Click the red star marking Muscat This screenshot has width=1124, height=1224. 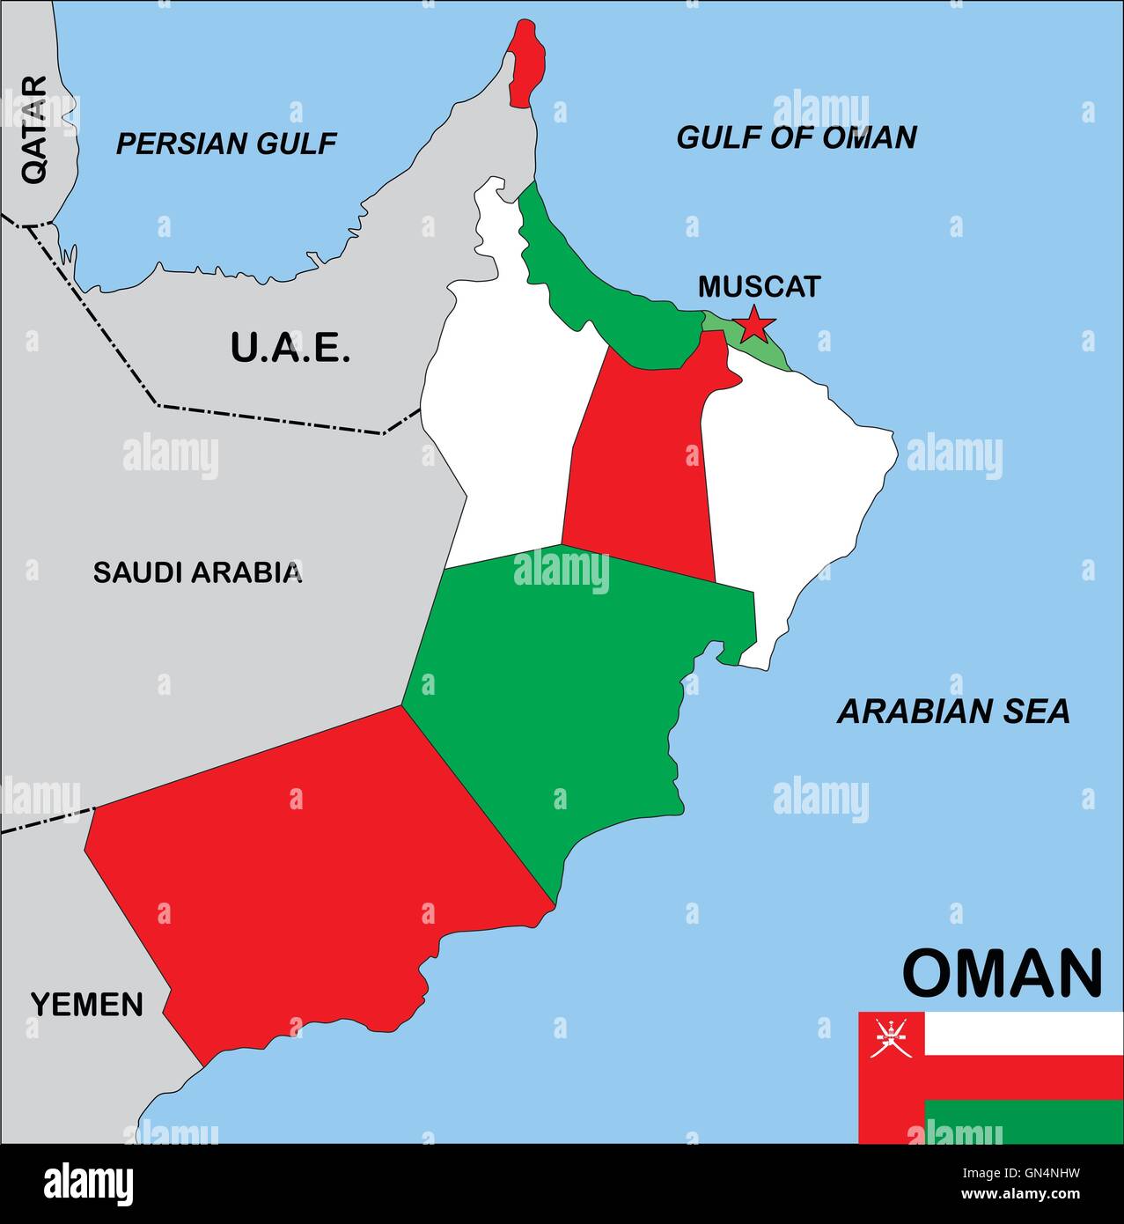(x=753, y=325)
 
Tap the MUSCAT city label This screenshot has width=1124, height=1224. (x=759, y=286)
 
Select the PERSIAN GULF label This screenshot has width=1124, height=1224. (x=226, y=143)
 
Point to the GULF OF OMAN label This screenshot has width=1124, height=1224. (x=796, y=136)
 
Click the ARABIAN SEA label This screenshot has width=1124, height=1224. (x=952, y=711)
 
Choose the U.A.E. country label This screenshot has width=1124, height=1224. (x=290, y=347)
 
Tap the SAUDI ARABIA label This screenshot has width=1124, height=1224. (x=197, y=572)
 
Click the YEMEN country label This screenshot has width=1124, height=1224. (x=86, y=1004)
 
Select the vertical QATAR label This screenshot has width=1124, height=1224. (x=34, y=129)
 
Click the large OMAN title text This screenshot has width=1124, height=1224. (x=1002, y=973)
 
